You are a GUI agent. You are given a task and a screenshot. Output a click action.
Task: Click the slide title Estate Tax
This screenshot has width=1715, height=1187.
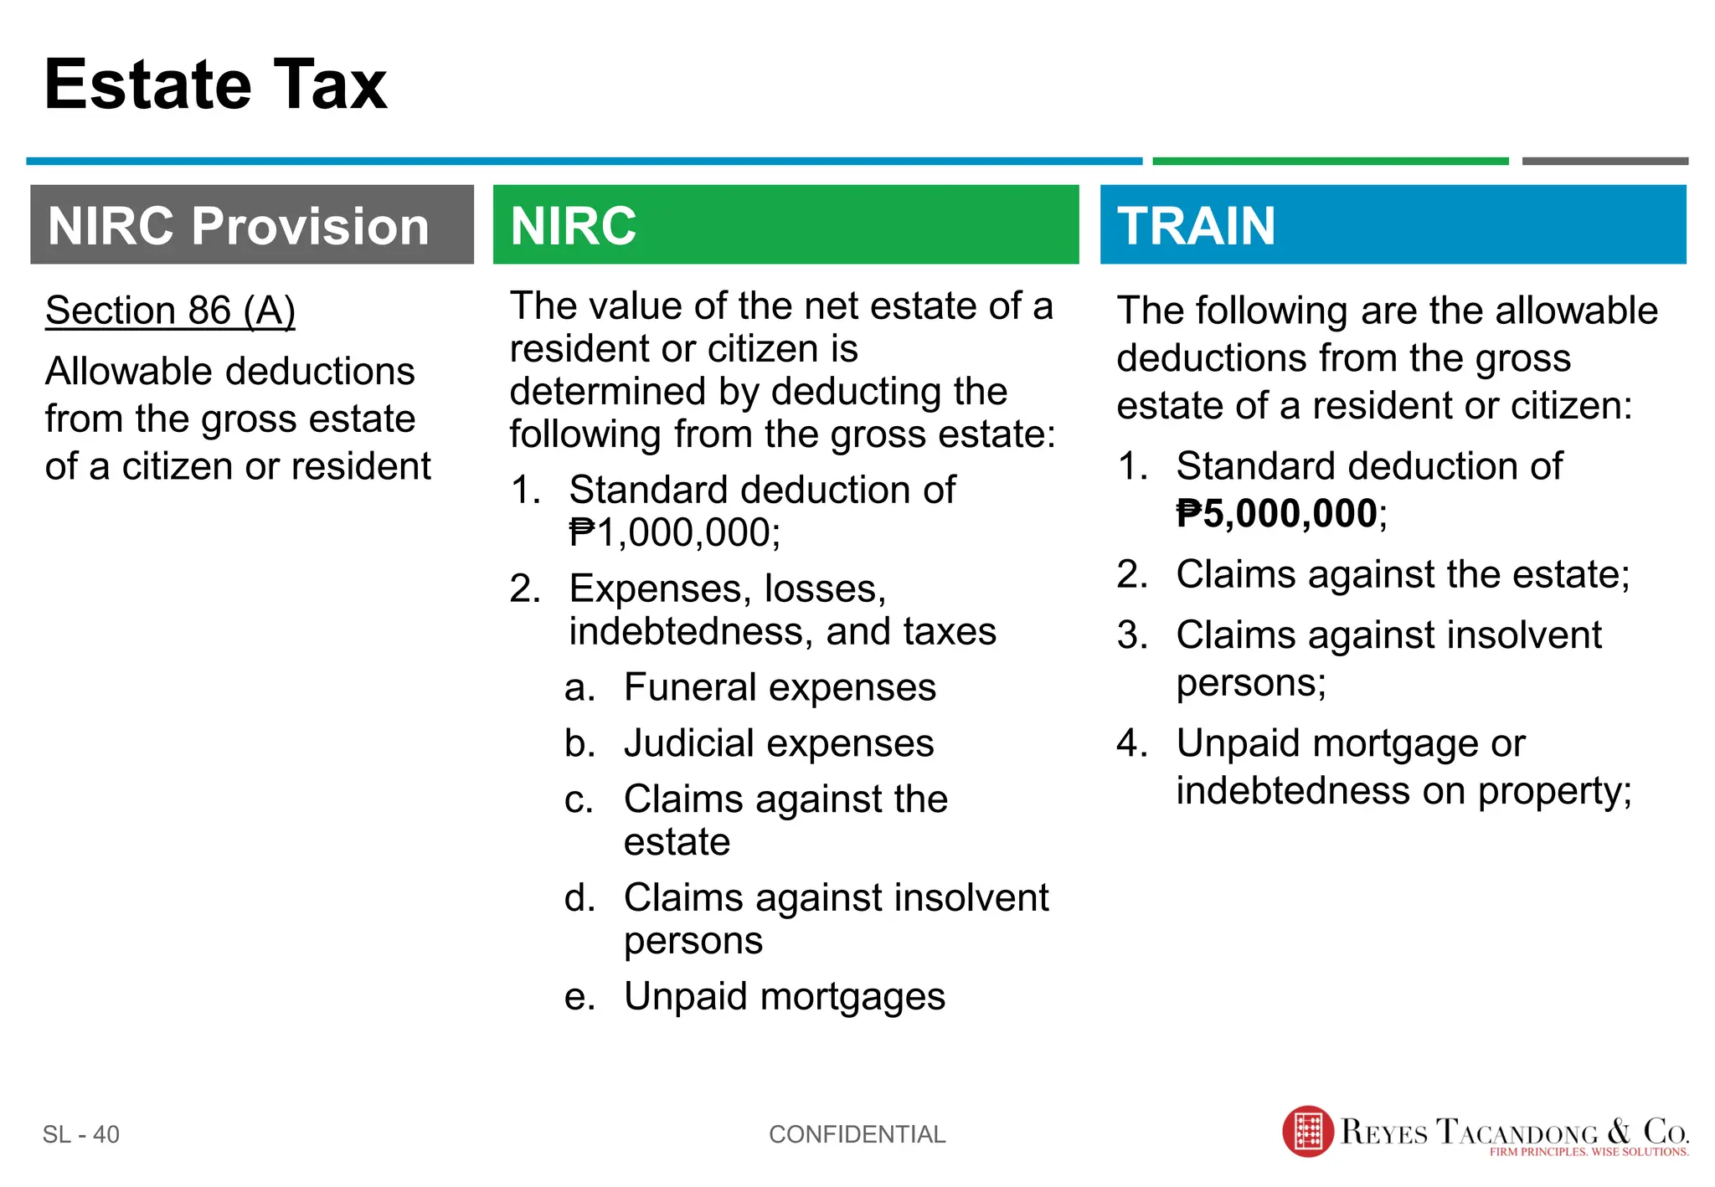tap(215, 85)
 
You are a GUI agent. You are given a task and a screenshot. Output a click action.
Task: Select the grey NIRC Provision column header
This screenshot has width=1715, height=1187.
tap(251, 225)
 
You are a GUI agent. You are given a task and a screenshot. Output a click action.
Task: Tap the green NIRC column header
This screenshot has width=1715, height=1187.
tap(785, 225)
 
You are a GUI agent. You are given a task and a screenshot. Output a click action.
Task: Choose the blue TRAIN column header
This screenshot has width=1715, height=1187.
tap(1393, 225)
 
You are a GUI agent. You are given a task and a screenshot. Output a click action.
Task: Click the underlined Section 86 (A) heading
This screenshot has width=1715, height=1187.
tap(170, 311)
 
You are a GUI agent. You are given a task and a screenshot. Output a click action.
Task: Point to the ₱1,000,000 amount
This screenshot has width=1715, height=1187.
tap(674, 533)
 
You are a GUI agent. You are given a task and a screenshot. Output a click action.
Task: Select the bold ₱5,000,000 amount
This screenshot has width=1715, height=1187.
tap(1278, 514)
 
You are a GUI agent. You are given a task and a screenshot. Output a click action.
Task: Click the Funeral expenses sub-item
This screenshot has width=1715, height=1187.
tap(780, 688)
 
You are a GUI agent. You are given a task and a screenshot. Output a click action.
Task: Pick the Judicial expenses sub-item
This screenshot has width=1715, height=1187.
tap(779, 744)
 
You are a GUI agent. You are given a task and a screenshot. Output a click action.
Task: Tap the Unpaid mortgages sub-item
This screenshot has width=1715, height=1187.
tap(785, 997)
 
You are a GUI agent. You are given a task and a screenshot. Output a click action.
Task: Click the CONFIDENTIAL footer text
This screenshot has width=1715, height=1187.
tap(857, 1134)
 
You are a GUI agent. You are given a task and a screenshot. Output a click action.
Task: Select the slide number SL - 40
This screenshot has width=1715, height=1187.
tap(81, 1134)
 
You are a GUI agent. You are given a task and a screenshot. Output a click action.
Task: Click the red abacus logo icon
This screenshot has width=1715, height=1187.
tap(1307, 1132)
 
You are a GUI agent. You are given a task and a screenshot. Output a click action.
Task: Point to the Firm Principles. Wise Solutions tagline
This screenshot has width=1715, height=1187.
tap(1589, 1153)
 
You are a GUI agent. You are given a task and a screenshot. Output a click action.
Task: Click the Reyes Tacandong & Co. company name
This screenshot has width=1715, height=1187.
tap(1514, 1131)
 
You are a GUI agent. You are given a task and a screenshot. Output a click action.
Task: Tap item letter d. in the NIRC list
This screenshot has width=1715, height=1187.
tap(579, 898)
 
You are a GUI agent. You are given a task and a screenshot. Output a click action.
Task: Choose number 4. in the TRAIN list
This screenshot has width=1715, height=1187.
tap(1132, 743)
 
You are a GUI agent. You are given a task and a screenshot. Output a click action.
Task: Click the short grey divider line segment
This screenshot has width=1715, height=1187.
tap(1604, 161)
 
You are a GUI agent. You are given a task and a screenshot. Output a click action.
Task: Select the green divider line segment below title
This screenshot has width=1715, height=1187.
tap(1330, 161)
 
